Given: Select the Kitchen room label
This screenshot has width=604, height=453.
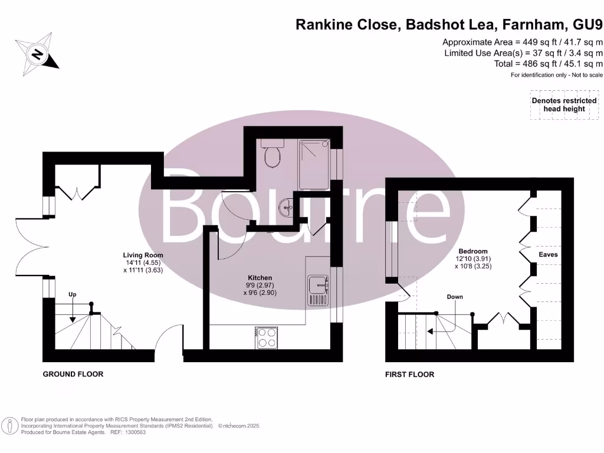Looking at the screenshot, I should pyautogui.click(x=260, y=277).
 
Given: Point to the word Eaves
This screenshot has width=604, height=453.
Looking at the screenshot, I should pyautogui.click(x=548, y=255).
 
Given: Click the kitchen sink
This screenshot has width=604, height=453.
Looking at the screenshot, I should pyautogui.click(x=317, y=290).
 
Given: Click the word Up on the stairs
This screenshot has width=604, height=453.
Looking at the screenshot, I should pyautogui.click(x=72, y=294).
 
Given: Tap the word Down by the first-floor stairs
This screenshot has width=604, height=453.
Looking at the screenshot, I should pyautogui.click(x=455, y=297).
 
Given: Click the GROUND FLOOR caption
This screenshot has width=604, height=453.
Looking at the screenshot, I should pyautogui.click(x=73, y=374).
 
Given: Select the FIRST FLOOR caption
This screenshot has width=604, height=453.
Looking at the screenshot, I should pyautogui.click(x=409, y=375).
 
